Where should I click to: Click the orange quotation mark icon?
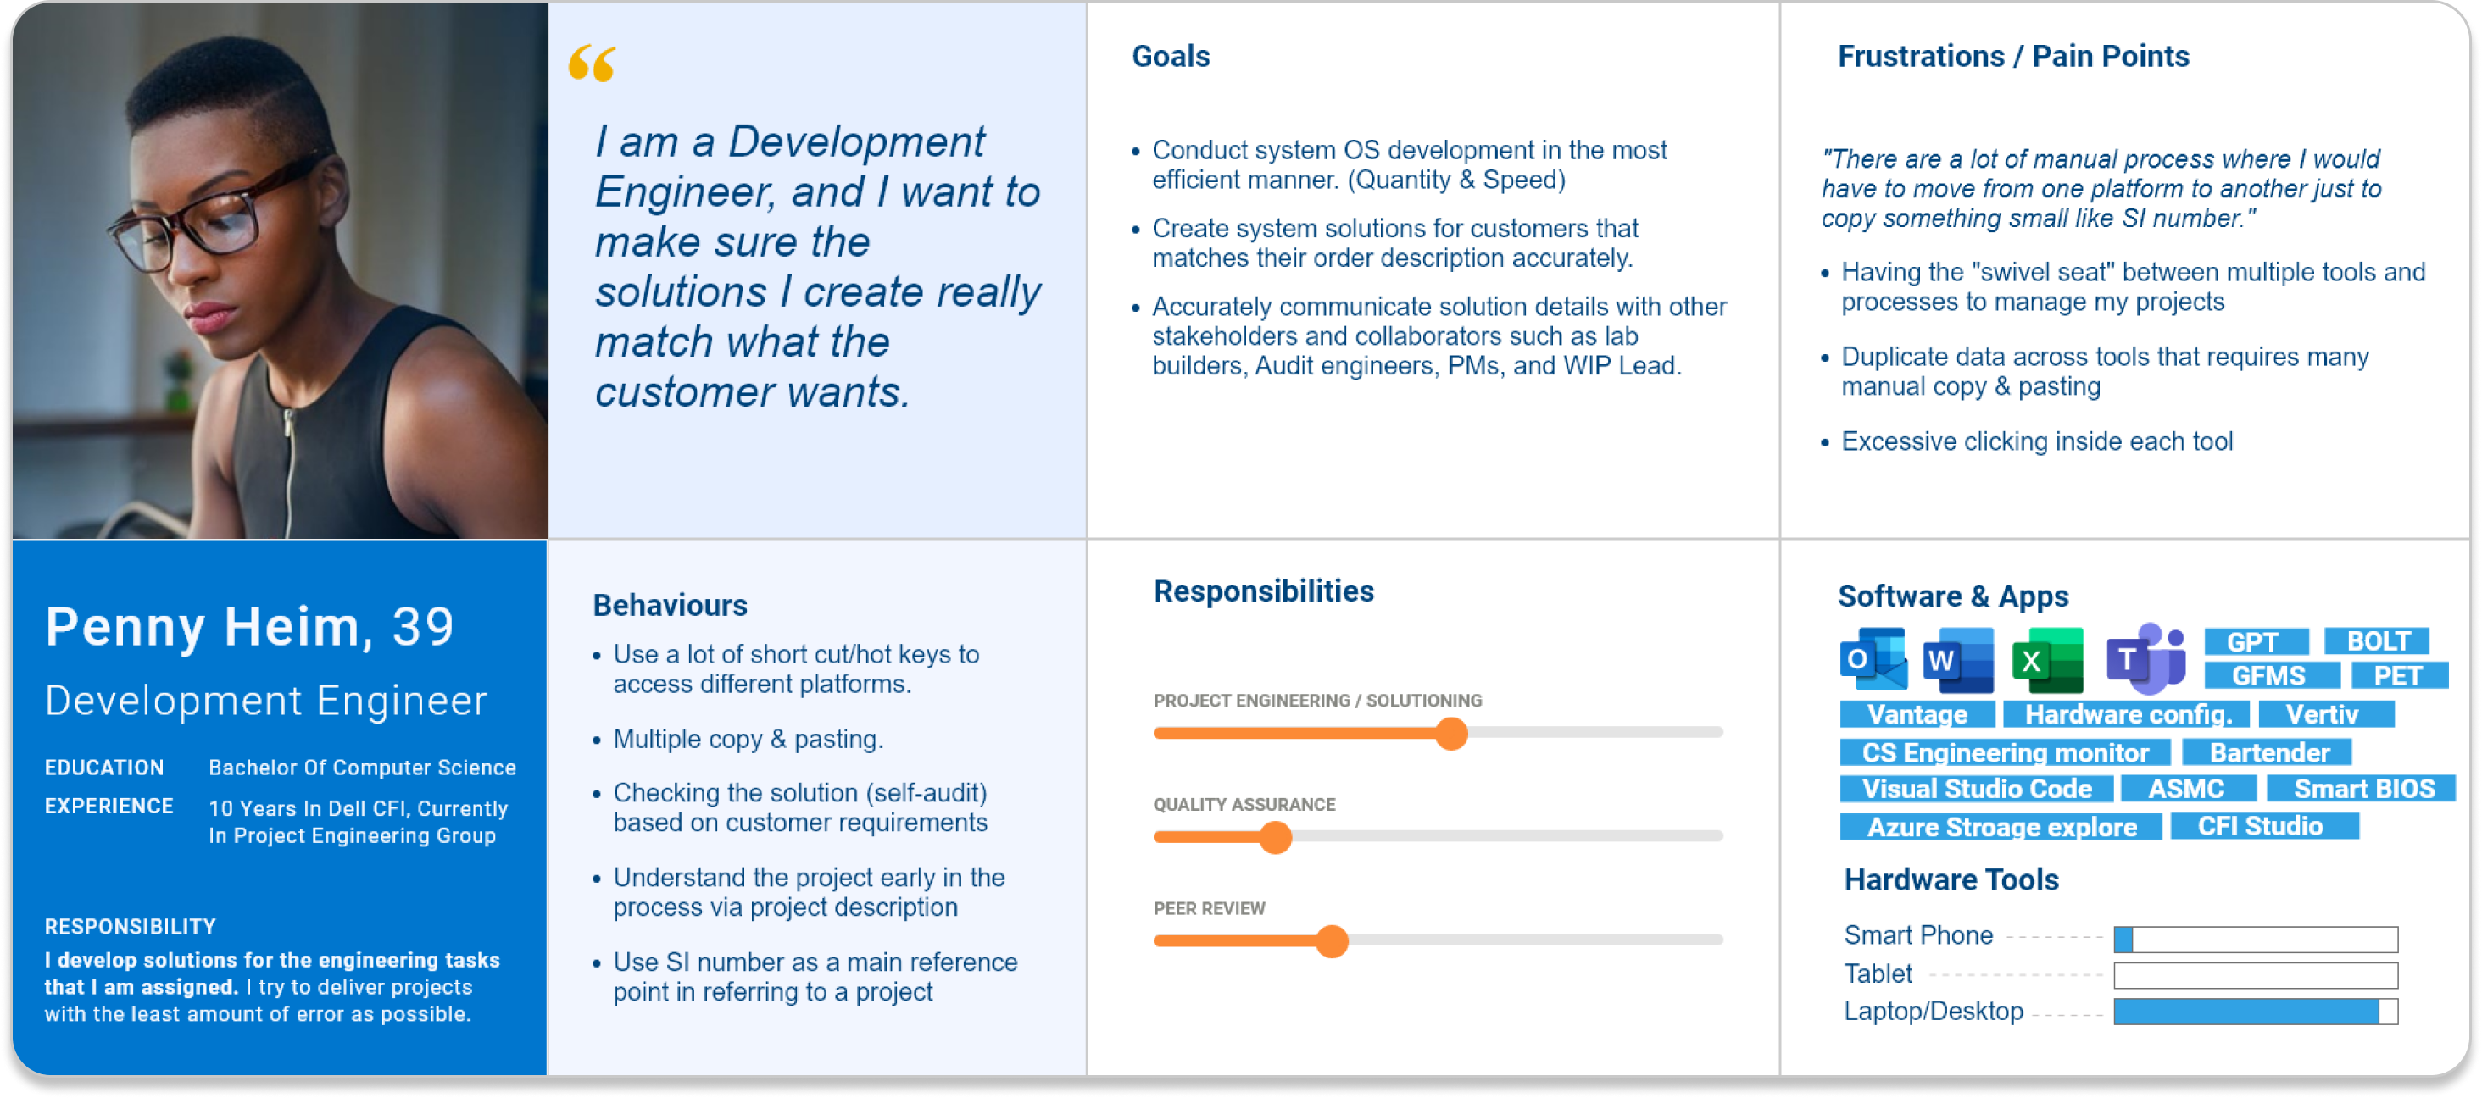tap(592, 63)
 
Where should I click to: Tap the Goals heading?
tap(1171, 56)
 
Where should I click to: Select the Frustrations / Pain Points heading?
tap(2012, 56)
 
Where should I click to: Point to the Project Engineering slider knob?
tap(1451, 734)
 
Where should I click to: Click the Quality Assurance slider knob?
tap(1275, 838)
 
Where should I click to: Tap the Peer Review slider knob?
tap(1332, 941)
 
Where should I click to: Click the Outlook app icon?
tap(1873, 659)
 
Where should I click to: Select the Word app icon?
tap(1958, 660)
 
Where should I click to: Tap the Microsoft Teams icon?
tap(2145, 657)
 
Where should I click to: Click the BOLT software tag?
tap(2377, 641)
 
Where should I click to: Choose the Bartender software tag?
tap(2268, 752)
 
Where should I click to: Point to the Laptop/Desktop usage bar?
tap(2256, 1012)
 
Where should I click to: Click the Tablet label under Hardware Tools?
tap(1878, 973)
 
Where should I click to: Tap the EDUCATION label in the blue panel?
tap(104, 768)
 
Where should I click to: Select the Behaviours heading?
tap(670, 605)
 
